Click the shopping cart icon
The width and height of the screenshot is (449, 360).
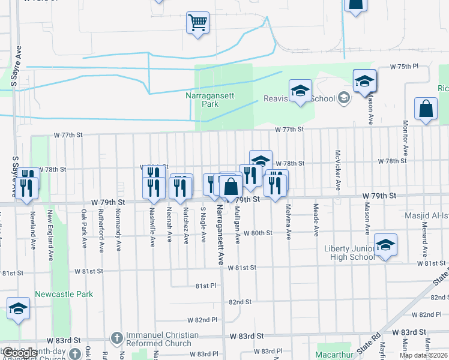click(x=197, y=23)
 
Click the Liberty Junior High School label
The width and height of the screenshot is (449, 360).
click(x=350, y=253)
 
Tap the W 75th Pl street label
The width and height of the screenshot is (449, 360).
click(x=403, y=67)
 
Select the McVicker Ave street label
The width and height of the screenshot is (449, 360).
click(x=338, y=170)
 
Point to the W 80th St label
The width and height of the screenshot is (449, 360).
click(x=259, y=233)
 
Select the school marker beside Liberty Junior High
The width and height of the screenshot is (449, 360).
click(x=385, y=245)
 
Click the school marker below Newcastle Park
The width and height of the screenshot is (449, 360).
click(x=19, y=308)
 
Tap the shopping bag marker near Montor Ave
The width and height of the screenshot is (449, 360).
click(x=426, y=109)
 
